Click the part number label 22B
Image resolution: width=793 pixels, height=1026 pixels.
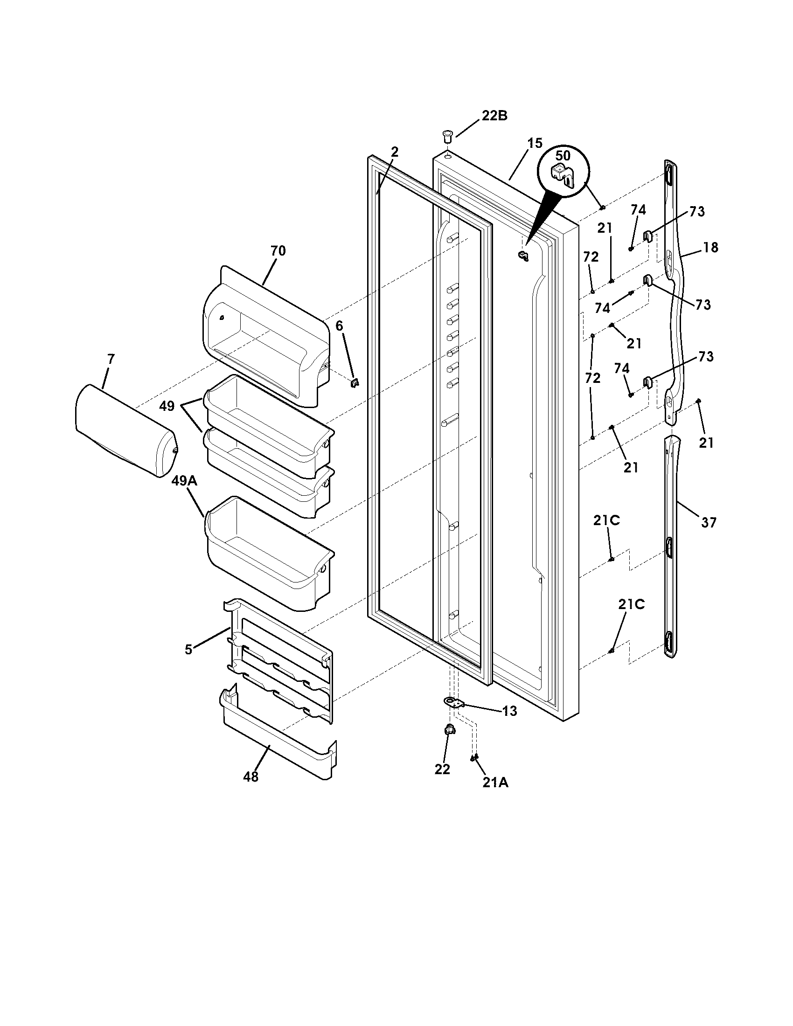[494, 116]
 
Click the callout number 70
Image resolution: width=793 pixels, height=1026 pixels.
[278, 251]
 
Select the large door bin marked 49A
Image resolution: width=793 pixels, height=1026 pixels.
[268, 555]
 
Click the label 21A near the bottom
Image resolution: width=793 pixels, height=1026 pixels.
[494, 782]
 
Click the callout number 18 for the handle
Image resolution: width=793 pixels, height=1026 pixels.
[711, 247]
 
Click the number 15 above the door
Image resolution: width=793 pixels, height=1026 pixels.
[534, 143]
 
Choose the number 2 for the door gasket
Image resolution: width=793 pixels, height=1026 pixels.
[395, 152]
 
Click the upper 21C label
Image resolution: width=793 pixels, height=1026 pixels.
[606, 520]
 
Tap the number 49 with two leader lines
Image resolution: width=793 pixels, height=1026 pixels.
[167, 406]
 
